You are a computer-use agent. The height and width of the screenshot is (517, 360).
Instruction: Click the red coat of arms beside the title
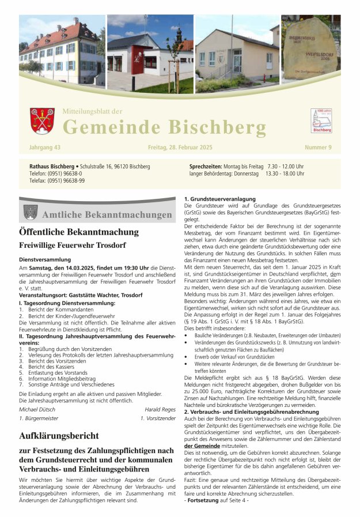coord(42,121)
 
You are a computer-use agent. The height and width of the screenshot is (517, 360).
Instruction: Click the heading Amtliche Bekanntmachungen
coord(107,214)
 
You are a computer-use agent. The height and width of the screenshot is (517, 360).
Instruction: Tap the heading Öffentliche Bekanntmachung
coord(79,232)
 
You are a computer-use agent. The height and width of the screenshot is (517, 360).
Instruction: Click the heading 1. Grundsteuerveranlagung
coord(219,199)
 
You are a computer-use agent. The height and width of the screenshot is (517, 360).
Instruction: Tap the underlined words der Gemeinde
coord(202,446)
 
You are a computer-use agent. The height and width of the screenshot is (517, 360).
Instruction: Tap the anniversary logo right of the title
coord(321,120)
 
